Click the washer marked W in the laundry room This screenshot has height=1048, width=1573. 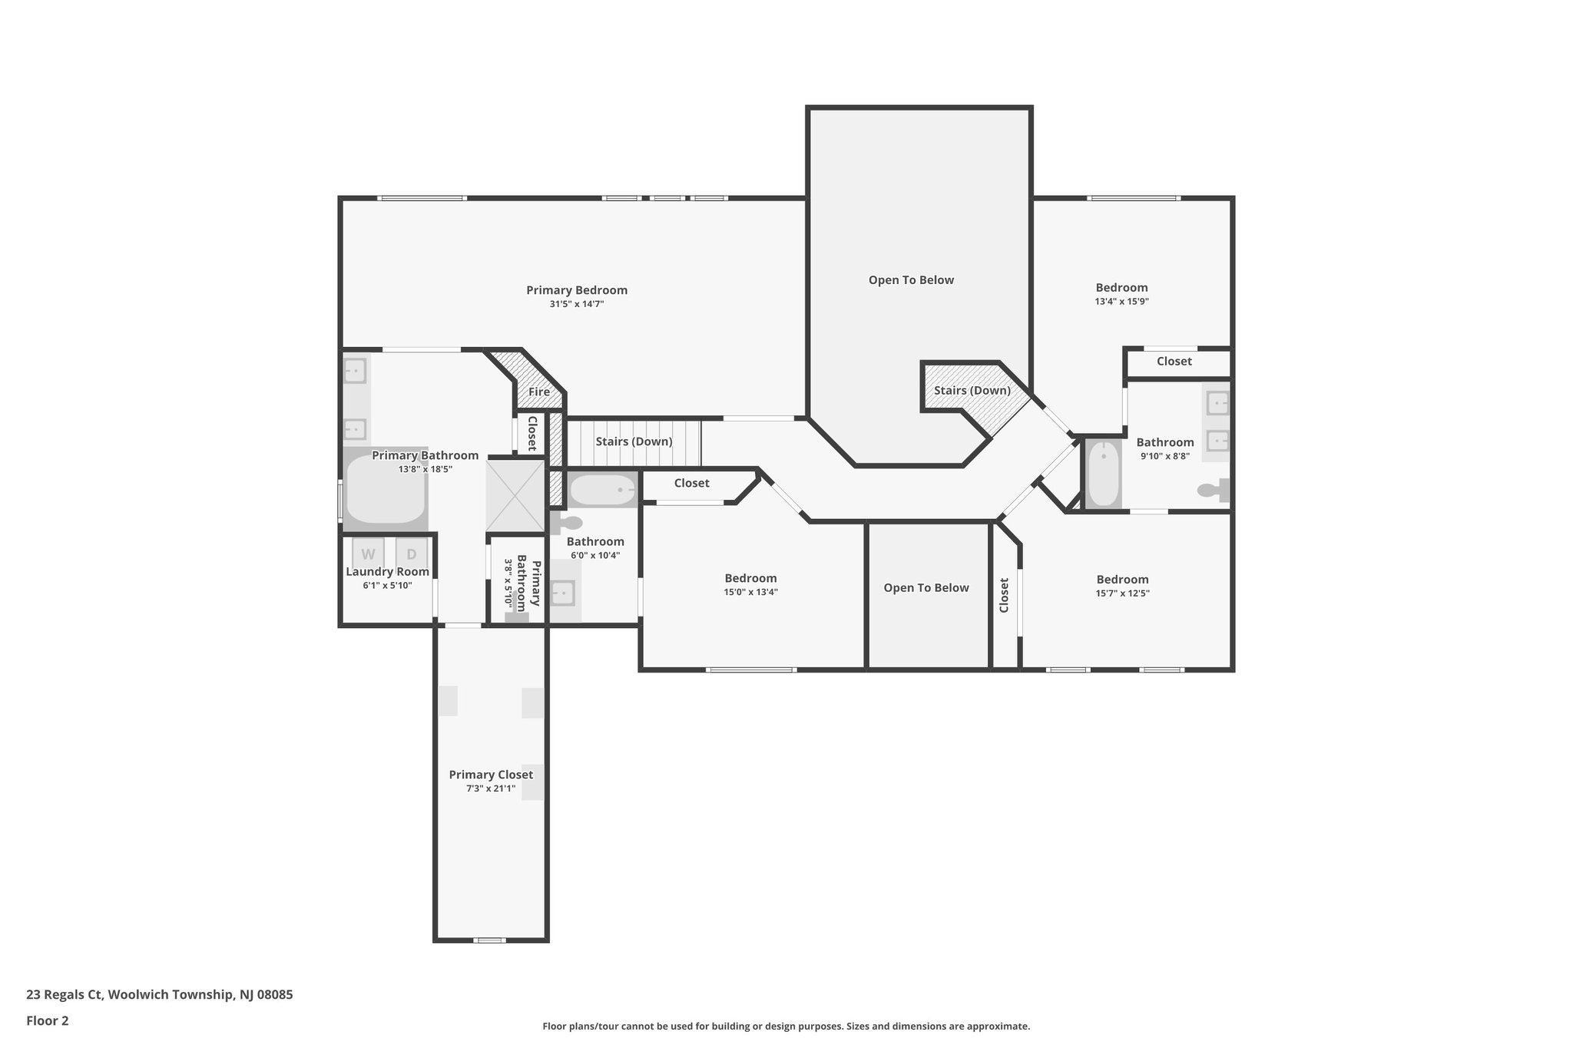(368, 554)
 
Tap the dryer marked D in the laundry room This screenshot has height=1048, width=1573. (412, 554)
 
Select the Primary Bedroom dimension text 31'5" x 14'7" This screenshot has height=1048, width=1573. (576, 304)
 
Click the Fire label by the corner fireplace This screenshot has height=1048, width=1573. (539, 392)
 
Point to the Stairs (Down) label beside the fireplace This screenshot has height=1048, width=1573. (634, 441)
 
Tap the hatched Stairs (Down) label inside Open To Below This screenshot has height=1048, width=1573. (972, 391)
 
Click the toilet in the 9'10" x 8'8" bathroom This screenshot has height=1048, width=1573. (1214, 490)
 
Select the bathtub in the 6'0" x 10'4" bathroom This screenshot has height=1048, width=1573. (604, 490)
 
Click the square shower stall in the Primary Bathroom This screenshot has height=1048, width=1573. (515, 494)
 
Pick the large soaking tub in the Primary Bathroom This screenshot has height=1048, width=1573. (385, 490)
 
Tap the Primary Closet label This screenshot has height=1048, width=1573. (491, 775)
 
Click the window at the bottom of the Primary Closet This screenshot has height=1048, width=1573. (489, 940)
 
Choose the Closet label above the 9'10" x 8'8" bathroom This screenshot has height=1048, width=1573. (1174, 362)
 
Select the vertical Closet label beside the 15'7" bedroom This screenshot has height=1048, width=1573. (1004, 595)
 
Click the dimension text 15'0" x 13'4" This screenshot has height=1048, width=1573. (750, 592)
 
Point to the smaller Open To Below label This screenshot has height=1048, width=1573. (926, 588)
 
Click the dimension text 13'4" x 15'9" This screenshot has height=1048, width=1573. (1121, 302)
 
